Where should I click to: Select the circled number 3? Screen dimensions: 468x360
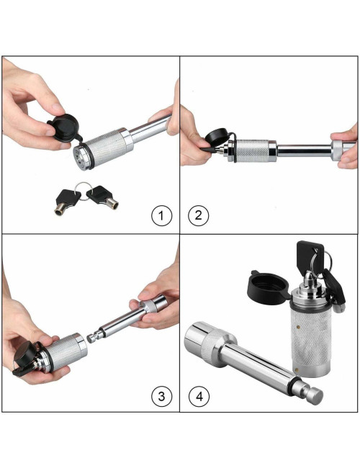pos(161,395)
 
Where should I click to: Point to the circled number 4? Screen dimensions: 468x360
pos(199,395)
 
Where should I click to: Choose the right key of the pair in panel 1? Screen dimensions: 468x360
pos(107,196)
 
